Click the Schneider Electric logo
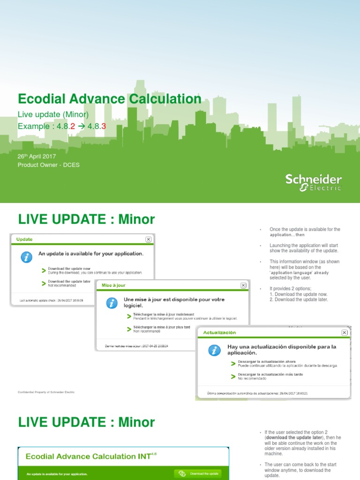point(314,182)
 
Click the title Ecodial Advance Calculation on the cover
point(109,99)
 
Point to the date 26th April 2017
point(37,156)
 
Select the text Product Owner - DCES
point(49,165)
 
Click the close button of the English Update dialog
point(149,239)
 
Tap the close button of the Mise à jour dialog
point(243,285)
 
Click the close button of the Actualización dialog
point(345,332)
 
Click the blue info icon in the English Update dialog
point(27,257)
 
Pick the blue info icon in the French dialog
point(112,303)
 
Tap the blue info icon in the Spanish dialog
point(214,350)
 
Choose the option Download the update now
point(69,269)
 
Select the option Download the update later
point(69,281)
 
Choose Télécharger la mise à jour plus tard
point(162,327)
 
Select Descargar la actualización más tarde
point(270,375)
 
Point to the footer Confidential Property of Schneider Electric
point(46,392)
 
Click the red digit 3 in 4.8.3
point(104,127)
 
